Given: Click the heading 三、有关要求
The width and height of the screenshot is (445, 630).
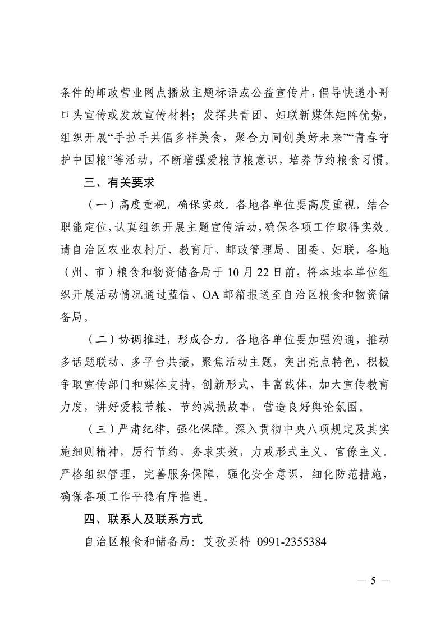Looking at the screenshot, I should (x=120, y=182).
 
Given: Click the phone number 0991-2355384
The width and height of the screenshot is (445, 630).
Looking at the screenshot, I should (x=291, y=542).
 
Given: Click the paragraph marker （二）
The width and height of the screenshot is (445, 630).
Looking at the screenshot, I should (x=102, y=340).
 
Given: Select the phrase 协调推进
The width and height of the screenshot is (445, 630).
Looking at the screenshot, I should (x=143, y=340).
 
